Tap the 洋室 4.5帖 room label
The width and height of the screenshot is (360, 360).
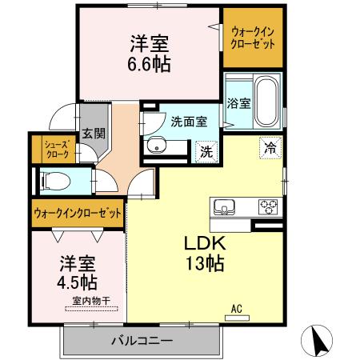point(78,273)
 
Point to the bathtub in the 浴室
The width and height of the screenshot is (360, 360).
point(266,102)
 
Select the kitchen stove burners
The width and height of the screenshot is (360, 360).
point(267,208)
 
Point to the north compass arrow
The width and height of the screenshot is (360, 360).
point(318,341)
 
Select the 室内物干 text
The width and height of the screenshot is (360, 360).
point(90,301)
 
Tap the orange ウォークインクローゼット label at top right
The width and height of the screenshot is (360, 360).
point(253,37)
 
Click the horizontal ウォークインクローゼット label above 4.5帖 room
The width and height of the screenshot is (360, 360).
point(78,214)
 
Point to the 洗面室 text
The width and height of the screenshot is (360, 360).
point(189,122)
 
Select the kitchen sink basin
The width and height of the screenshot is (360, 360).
point(224,208)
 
